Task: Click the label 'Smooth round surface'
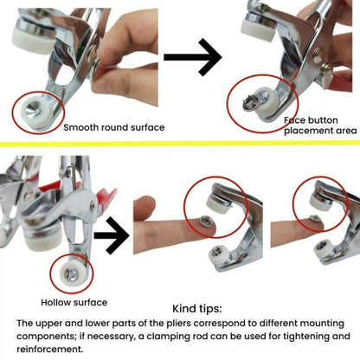click(114, 127)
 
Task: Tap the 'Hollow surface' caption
click(74, 302)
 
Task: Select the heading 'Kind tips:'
click(197, 309)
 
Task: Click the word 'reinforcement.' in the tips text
click(50, 349)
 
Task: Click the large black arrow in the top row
click(193, 57)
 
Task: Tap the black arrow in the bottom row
click(112, 235)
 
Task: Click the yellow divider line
click(180, 144)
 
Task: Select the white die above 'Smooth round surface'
click(36, 111)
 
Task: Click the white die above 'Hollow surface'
click(72, 272)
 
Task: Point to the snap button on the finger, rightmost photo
click(314, 219)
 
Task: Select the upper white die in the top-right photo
click(258, 29)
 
